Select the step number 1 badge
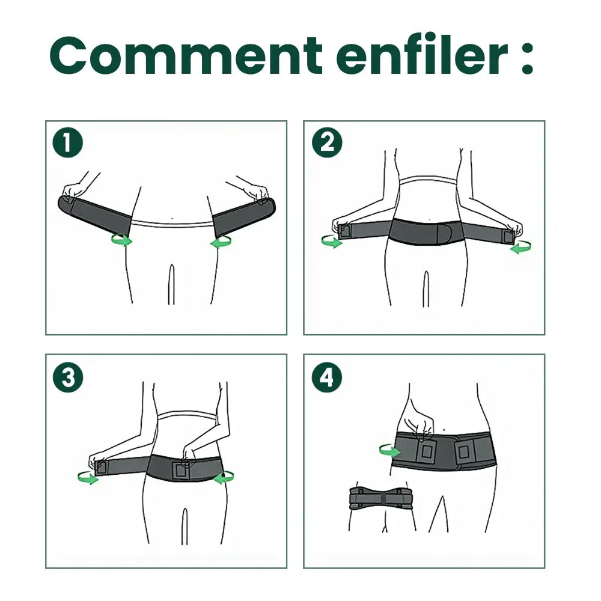click(x=67, y=143)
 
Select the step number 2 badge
click(x=327, y=143)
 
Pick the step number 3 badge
click(x=67, y=377)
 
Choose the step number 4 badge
click(x=327, y=377)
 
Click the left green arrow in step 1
click(x=121, y=240)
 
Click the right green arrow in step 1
click(x=221, y=242)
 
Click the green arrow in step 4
click(x=389, y=450)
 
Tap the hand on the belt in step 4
click(x=421, y=421)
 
